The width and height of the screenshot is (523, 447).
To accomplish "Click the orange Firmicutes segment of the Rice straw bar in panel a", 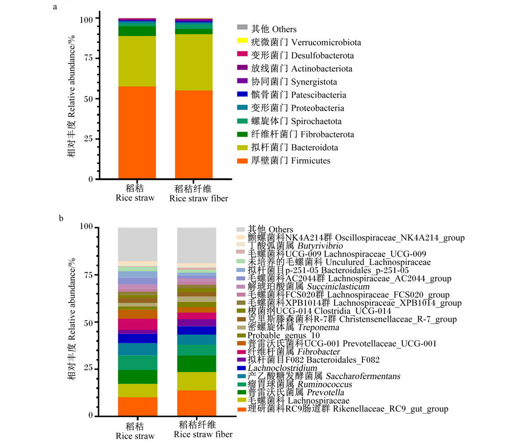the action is (137, 133).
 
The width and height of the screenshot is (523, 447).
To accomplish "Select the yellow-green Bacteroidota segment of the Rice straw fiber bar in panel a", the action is (194, 62).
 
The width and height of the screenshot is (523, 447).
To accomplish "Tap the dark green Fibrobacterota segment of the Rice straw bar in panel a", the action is (137, 31).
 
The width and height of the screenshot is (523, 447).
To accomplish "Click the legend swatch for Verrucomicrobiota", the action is (242, 41).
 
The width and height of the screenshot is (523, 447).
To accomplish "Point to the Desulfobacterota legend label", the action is (302, 55).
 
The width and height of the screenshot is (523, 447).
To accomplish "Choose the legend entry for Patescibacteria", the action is (299, 95).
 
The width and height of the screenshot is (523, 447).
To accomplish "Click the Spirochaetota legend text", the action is (296, 121).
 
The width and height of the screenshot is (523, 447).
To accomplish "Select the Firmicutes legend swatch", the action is (242, 161).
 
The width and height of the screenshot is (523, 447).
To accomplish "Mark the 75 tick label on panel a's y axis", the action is (88, 58).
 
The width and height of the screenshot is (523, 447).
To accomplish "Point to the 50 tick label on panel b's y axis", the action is (88, 323).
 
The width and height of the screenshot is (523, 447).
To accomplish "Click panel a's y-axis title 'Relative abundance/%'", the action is (72, 76).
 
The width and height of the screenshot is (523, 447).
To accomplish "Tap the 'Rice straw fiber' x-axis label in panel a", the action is (199, 198).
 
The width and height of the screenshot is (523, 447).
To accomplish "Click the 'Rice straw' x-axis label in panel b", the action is (135, 436).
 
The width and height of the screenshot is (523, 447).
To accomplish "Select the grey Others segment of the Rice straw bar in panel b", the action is (138, 244).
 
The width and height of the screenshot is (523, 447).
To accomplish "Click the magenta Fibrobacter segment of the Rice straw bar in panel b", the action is (138, 324).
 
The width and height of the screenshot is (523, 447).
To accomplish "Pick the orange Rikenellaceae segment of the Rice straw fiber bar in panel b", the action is (197, 403).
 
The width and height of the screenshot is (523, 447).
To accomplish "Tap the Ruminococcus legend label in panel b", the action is (300, 384).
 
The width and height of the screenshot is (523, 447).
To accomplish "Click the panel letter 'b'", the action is (61, 218).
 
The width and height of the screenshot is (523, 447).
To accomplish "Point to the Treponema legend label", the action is (293, 327).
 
